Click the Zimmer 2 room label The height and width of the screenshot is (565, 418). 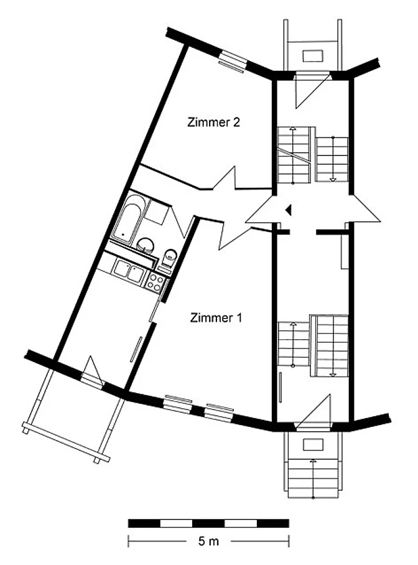click(x=213, y=122)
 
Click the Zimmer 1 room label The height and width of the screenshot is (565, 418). click(x=216, y=318)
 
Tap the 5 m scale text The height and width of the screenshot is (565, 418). click(x=208, y=541)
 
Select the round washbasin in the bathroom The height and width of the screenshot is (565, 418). click(x=146, y=245)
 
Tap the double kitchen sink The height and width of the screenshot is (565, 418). click(x=128, y=271)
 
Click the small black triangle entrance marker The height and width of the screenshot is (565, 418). click(x=288, y=209)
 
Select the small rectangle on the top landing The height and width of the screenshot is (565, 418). click(x=313, y=56)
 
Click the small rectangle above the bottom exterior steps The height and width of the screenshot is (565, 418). click(x=313, y=445)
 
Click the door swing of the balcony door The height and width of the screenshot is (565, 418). click(x=91, y=371)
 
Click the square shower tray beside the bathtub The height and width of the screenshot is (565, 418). click(x=156, y=212)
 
